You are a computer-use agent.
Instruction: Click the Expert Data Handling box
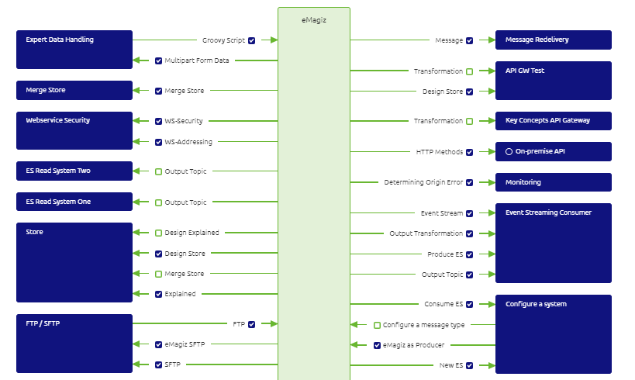(x=74, y=50)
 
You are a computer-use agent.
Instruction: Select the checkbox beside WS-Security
(x=158, y=121)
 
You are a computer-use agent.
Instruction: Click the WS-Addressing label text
(x=188, y=142)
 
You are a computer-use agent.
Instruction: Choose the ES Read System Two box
(x=74, y=171)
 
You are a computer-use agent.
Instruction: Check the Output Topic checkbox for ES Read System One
(x=158, y=202)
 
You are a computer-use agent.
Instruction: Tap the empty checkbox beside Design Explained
(x=158, y=233)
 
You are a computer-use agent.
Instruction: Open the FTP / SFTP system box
(x=74, y=344)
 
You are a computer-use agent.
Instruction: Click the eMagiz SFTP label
(x=185, y=344)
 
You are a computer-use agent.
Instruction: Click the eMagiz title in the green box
(x=313, y=20)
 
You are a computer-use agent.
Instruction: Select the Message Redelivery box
(x=553, y=40)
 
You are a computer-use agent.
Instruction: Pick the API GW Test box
(x=553, y=81)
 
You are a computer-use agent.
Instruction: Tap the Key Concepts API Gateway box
(x=553, y=121)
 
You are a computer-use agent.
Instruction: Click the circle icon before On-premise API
(x=509, y=152)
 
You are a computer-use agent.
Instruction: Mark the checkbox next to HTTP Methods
(x=470, y=152)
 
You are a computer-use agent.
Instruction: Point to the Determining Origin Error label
(x=423, y=182)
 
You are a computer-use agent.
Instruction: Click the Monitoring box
(x=553, y=182)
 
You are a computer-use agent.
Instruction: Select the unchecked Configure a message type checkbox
(x=377, y=325)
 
